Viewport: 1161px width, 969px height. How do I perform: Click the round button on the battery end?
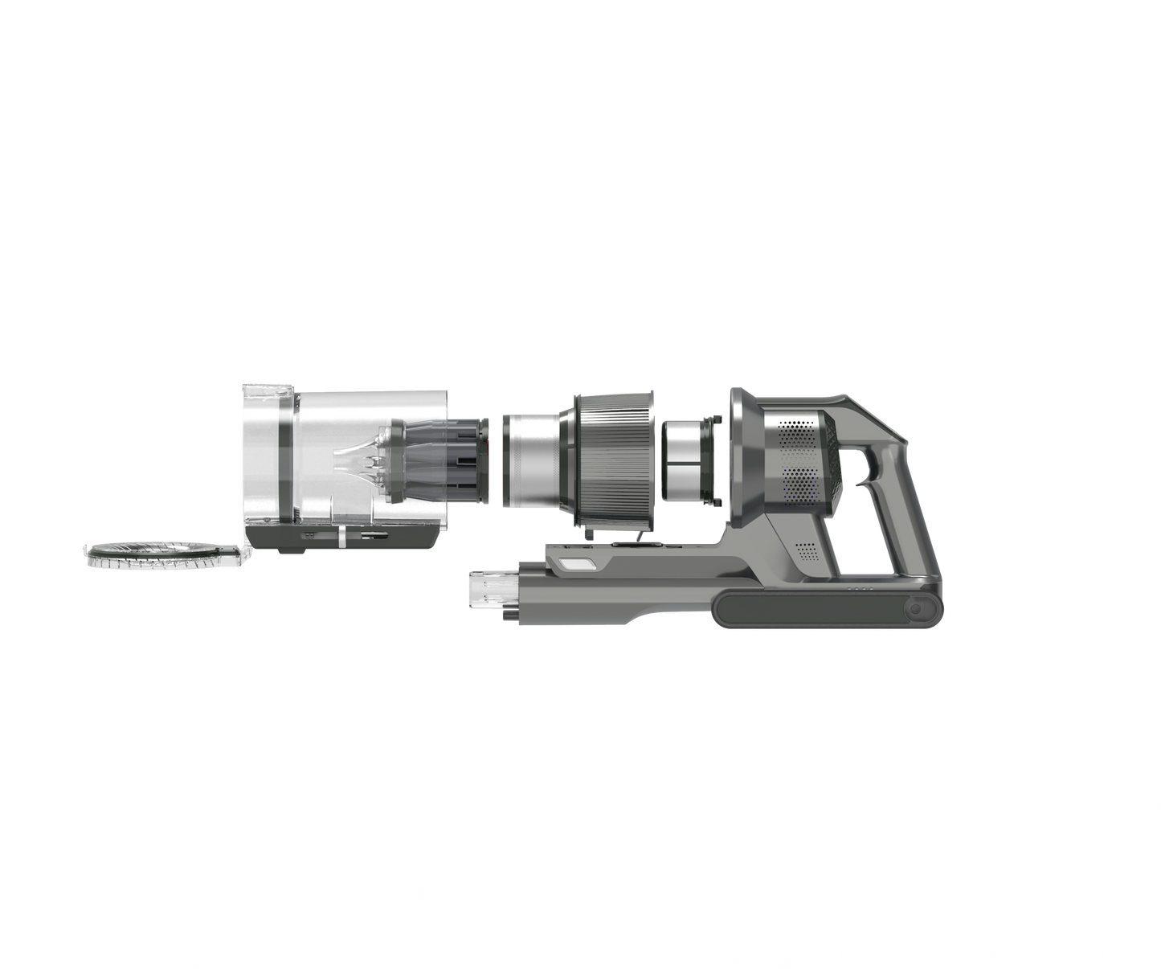(918, 611)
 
